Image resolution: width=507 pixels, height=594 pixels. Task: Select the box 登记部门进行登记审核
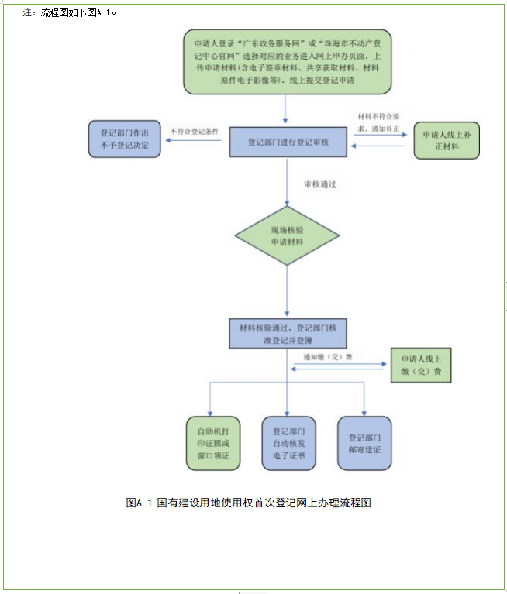point(287,142)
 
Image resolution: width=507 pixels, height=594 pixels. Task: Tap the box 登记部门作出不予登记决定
point(124,139)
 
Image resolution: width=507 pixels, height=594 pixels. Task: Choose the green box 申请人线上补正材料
point(447,140)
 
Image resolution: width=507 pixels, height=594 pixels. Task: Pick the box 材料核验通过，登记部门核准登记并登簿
point(288,333)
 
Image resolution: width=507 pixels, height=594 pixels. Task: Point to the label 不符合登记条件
point(195,130)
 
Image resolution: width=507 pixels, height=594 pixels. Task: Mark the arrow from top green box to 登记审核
point(286,112)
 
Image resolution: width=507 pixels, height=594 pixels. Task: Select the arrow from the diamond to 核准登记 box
point(287,290)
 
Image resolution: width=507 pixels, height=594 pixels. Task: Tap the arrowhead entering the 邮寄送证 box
point(364,411)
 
